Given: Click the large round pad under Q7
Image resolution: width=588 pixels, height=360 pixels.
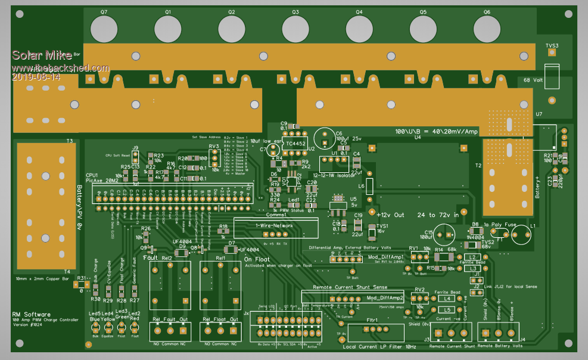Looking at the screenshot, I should click(x=104, y=29).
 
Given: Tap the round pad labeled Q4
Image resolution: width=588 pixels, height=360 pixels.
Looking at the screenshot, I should click(x=359, y=29).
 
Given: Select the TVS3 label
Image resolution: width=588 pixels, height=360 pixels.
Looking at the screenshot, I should click(x=552, y=45).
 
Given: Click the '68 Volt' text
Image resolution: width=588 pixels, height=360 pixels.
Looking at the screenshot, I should click(x=536, y=80).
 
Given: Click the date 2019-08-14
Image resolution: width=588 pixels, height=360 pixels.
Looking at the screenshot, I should click(x=36, y=77).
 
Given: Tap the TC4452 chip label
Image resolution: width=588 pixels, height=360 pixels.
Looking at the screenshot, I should click(x=295, y=144).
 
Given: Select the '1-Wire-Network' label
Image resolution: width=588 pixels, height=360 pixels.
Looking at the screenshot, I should click(x=274, y=226).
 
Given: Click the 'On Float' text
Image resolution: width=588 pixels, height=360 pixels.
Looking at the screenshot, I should click(x=257, y=259).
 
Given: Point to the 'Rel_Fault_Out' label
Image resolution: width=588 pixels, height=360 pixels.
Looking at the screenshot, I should click(x=169, y=319).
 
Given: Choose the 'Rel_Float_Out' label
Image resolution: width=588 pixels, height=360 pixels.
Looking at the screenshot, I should click(x=220, y=319).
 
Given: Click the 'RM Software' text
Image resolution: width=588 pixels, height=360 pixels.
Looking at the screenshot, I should click(x=31, y=314).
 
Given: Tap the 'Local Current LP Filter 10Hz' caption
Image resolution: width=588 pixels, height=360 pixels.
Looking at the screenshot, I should click(x=379, y=347).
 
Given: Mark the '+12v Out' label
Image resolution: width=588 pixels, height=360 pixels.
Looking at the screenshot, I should click(x=390, y=215).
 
